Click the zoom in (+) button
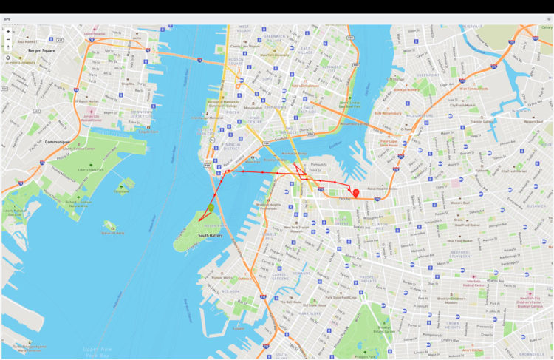(x=8, y=32)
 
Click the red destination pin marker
(x=356, y=194)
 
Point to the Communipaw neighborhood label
(x=35, y=141)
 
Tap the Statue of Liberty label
(x=113, y=233)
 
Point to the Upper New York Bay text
(x=96, y=350)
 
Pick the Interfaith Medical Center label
(x=479, y=283)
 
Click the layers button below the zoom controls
(x=8, y=57)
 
